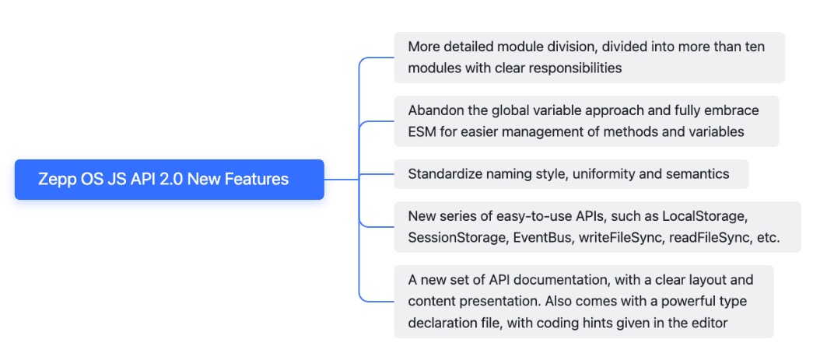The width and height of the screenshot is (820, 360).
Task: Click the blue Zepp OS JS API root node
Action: click(x=169, y=180)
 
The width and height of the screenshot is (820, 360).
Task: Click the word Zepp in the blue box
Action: click(x=56, y=180)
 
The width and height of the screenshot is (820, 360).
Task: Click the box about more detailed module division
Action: click(x=589, y=58)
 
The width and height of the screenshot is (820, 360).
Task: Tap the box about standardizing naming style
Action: click(x=570, y=174)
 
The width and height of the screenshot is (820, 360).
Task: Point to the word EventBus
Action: click(x=541, y=237)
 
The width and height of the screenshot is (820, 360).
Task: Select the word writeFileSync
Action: click(x=620, y=237)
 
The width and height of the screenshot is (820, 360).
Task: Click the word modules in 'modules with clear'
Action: click(x=434, y=68)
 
